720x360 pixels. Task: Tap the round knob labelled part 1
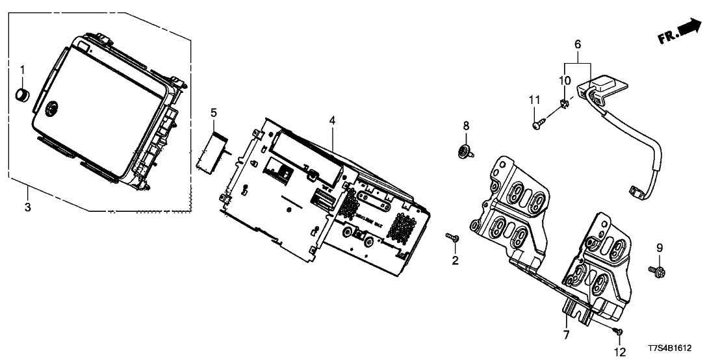[x=24, y=95]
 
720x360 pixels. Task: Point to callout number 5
[x=213, y=113]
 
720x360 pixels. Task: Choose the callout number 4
[x=331, y=120]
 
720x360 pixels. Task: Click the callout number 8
[x=465, y=125]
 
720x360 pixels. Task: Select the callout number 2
[x=455, y=261]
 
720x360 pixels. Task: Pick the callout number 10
[x=565, y=80]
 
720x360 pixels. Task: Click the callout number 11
[x=534, y=99]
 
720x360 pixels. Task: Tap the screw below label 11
[x=537, y=125]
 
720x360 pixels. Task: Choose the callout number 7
[x=566, y=335]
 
